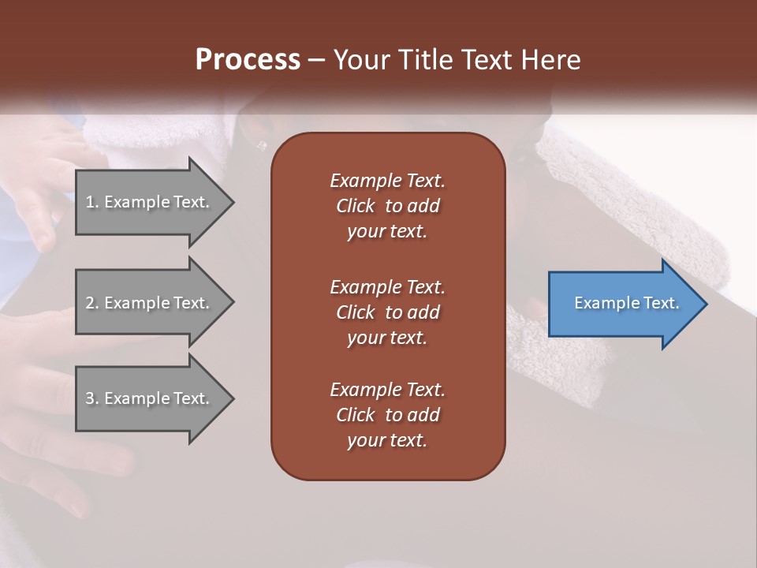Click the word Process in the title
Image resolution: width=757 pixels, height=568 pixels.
248,60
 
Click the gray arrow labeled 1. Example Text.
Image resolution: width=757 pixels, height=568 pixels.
150,202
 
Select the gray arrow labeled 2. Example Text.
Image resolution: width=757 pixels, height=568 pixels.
150,303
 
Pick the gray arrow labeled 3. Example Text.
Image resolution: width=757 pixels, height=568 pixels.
150,398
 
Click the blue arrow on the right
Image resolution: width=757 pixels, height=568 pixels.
623,303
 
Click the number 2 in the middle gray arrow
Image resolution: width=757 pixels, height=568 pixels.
90,303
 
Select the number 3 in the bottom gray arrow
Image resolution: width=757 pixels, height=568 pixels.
90,398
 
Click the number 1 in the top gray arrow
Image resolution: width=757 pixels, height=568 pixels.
90,202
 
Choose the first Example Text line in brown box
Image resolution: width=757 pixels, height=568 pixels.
387,181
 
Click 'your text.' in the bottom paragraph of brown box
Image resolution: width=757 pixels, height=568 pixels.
387,440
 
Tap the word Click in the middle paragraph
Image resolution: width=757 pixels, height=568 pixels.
355,312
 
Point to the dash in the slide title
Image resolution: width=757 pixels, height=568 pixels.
317,61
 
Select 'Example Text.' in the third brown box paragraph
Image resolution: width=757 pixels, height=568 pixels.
387,390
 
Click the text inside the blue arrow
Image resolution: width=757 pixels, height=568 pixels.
626,303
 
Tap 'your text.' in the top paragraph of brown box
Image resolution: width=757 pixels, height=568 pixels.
387,231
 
